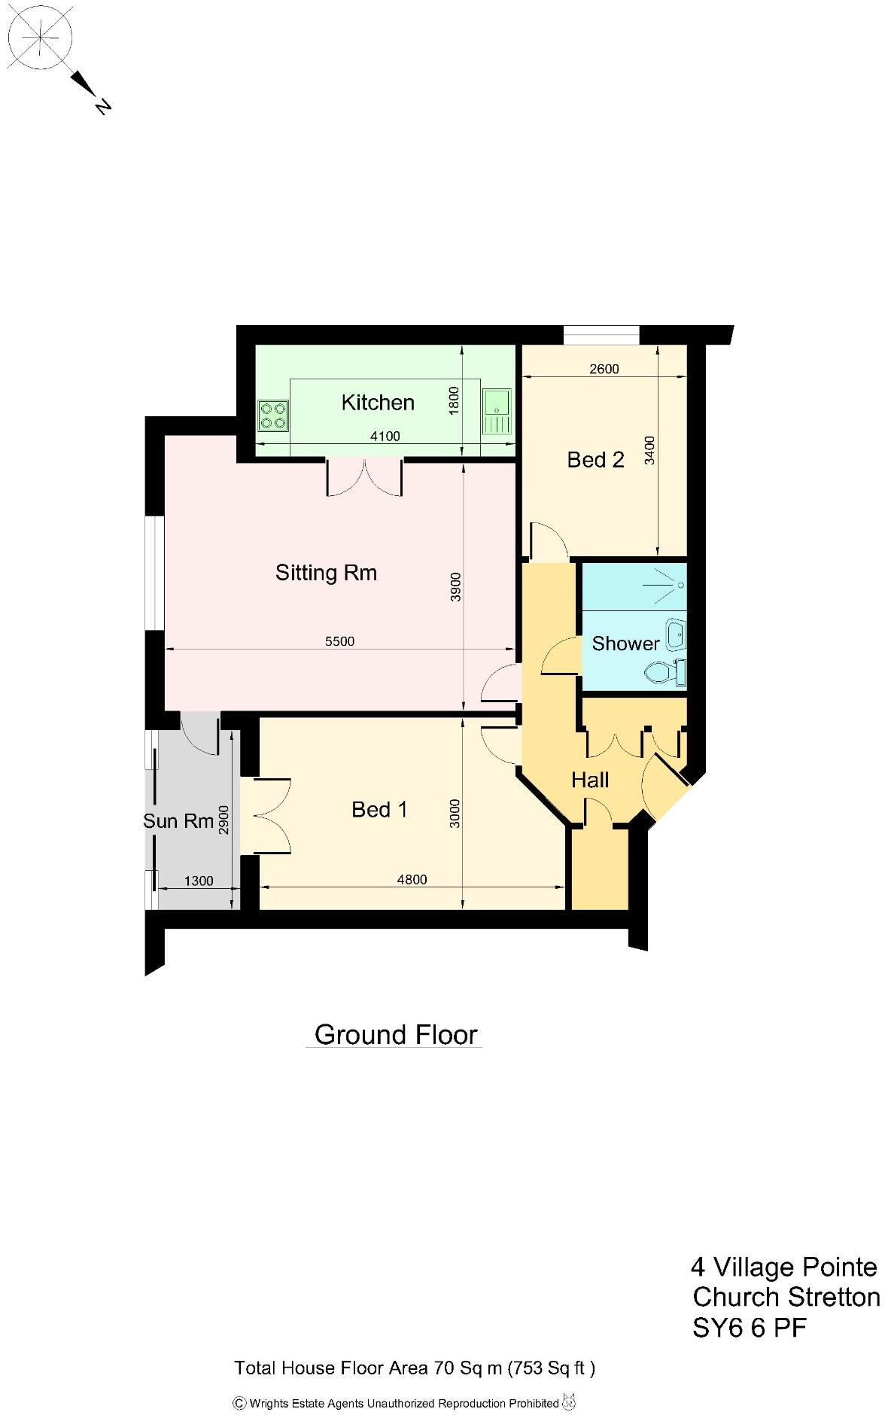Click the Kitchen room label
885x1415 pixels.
click(378, 403)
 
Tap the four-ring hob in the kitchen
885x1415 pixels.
click(273, 416)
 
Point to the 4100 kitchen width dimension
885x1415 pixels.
click(385, 437)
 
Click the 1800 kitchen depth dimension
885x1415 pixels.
click(452, 400)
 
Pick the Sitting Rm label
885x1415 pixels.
click(326, 573)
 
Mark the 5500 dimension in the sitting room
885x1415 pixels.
click(339, 641)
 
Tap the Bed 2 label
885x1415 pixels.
click(595, 460)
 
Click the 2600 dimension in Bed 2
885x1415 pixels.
click(604, 369)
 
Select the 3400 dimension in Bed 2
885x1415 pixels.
click(650, 450)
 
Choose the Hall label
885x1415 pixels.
click(590, 780)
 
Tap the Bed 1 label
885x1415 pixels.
click(379, 810)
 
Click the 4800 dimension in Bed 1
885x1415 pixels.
click(412, 880)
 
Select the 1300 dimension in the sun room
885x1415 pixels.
click(199, 881)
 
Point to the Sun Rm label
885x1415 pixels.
click(178, 820)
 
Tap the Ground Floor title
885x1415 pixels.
click(396, 1035)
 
